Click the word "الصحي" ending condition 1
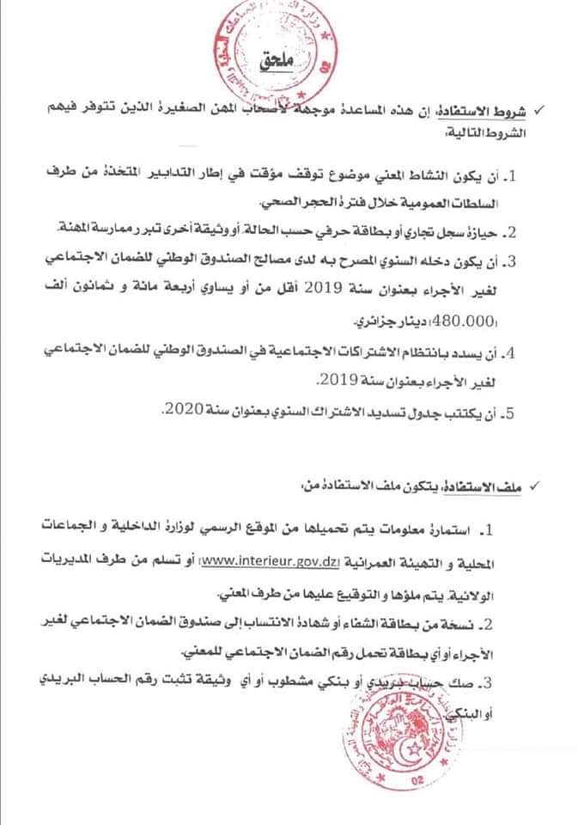279,203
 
